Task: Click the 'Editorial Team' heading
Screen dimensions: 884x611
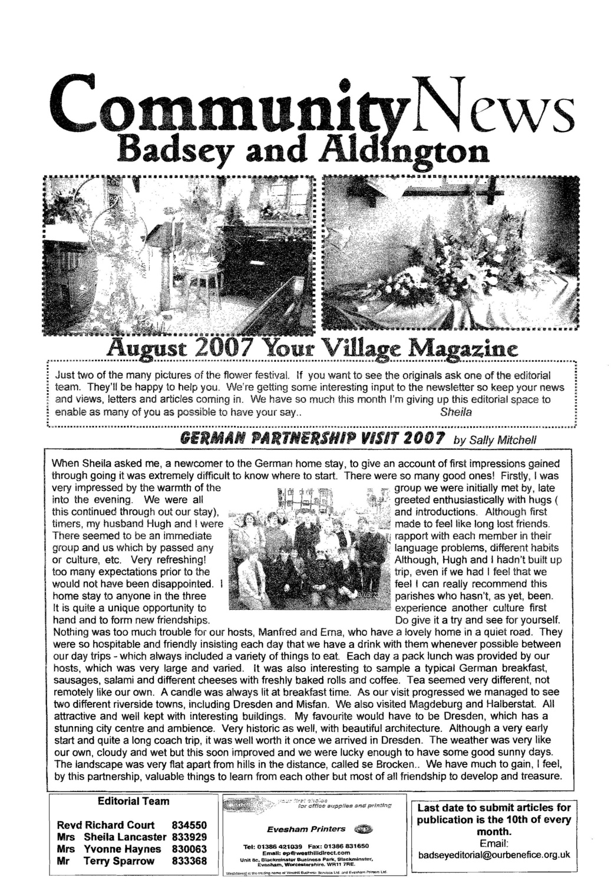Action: [x=133, y=801]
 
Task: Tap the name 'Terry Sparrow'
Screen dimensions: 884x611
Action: [x=119, y=861]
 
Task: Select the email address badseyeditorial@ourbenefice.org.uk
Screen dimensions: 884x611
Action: [x=494, y=855]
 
